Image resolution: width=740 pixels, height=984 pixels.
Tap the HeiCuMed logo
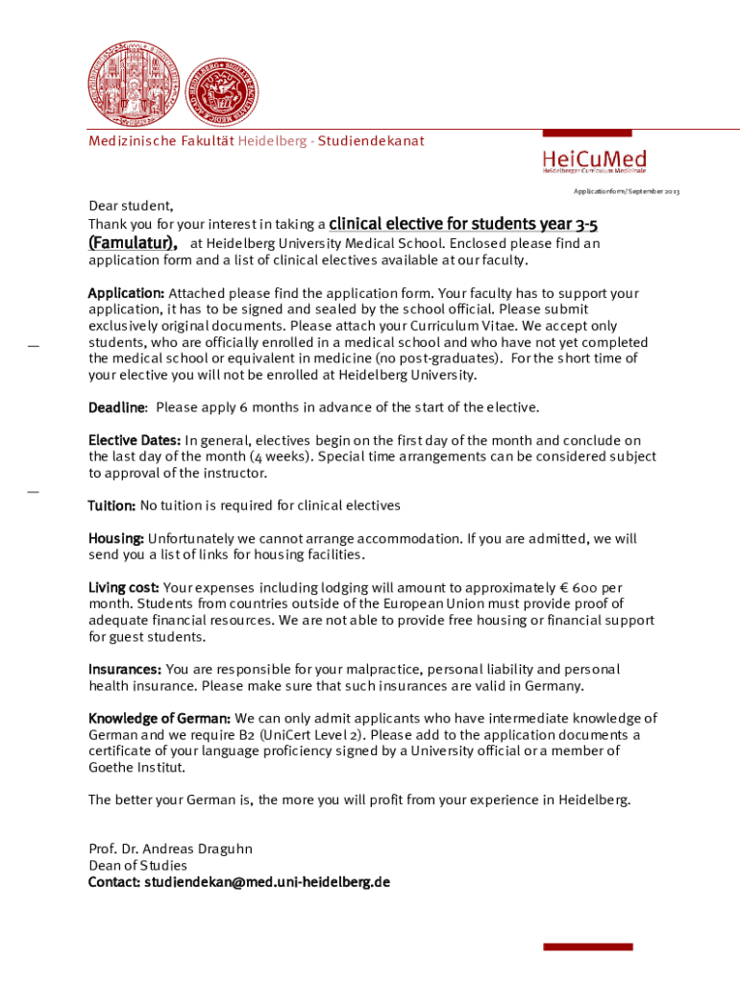[594, 160]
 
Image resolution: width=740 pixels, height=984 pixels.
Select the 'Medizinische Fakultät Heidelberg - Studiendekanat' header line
[257, 141]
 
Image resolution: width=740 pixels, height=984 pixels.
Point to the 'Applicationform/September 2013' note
[626, 192]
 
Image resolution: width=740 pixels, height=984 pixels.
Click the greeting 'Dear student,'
[132, 206]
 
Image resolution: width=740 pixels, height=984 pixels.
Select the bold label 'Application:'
[126, 293]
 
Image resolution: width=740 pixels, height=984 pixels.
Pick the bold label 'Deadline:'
[117, 407]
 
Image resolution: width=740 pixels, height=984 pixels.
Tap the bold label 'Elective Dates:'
[135, 441]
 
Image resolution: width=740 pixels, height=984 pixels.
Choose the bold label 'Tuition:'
[112, 505]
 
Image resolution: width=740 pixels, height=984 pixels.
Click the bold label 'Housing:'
[116, 539]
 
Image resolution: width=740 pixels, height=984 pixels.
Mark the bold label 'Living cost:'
[124, 587]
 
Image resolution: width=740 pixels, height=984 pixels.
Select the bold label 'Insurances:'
[125, 669]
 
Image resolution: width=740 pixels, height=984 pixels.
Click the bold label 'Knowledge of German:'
[160, 718]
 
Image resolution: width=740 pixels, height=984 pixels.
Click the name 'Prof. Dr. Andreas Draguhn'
[170, 849]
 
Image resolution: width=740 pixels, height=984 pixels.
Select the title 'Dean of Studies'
[137, 865]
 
